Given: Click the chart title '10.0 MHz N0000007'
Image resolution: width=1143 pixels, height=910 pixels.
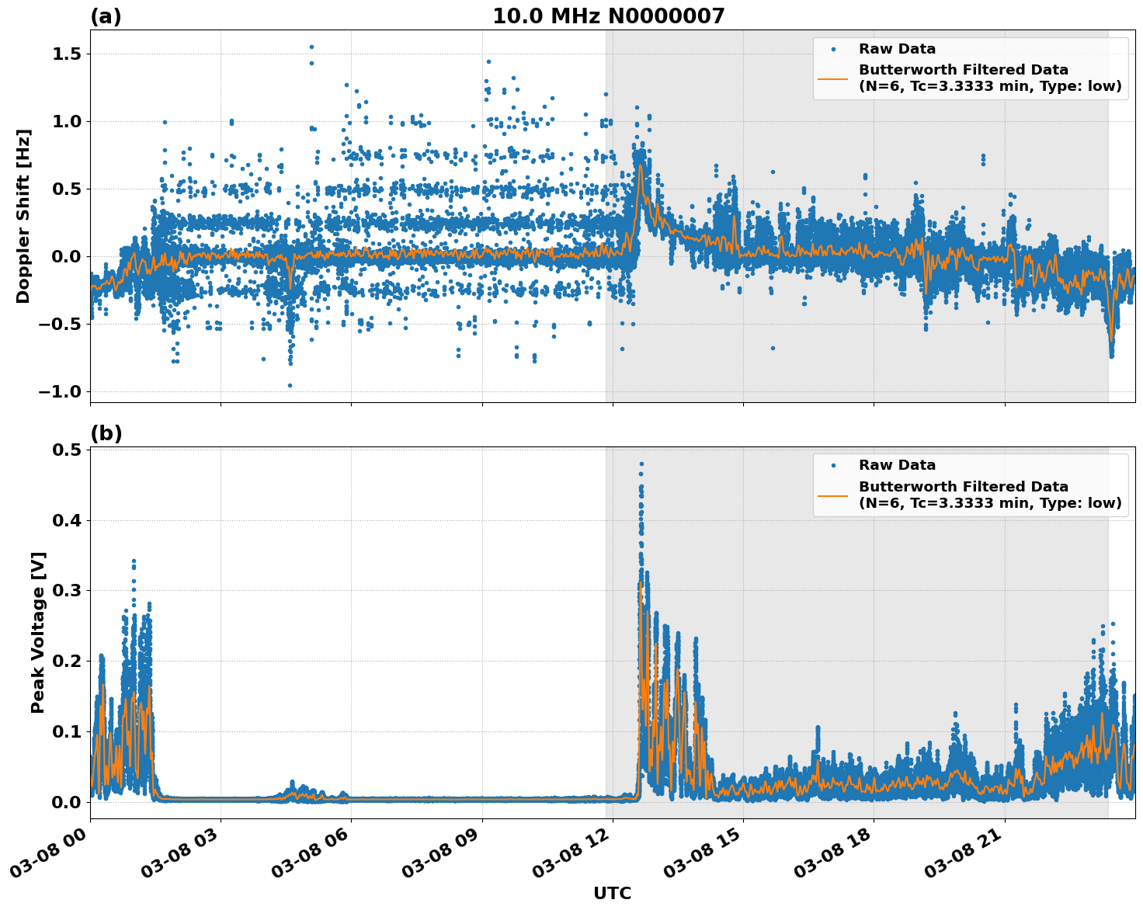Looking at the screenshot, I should click(x=608, y=16).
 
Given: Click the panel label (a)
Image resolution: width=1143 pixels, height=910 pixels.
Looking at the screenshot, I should click(x=106, y=16).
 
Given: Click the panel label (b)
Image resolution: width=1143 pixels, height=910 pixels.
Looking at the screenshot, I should click(x=106, y=433).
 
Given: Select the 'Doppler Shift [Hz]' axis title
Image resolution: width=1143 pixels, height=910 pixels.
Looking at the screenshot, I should click(x=23, y=216).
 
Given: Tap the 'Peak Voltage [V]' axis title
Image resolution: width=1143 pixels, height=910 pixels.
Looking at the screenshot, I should click(x=38, y=632).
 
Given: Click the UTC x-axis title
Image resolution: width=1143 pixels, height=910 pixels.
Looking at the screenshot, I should click(x=612, y=893).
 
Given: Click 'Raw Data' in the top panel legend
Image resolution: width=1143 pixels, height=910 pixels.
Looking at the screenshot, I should click(x=897, y=49).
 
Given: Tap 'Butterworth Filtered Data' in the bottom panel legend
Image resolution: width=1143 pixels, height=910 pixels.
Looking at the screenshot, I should click(x=963, y=487).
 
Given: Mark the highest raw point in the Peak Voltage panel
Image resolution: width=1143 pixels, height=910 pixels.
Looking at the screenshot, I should click(x=641, y=464).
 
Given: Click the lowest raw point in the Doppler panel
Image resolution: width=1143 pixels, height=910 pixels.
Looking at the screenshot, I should click(x=290, y=385).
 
